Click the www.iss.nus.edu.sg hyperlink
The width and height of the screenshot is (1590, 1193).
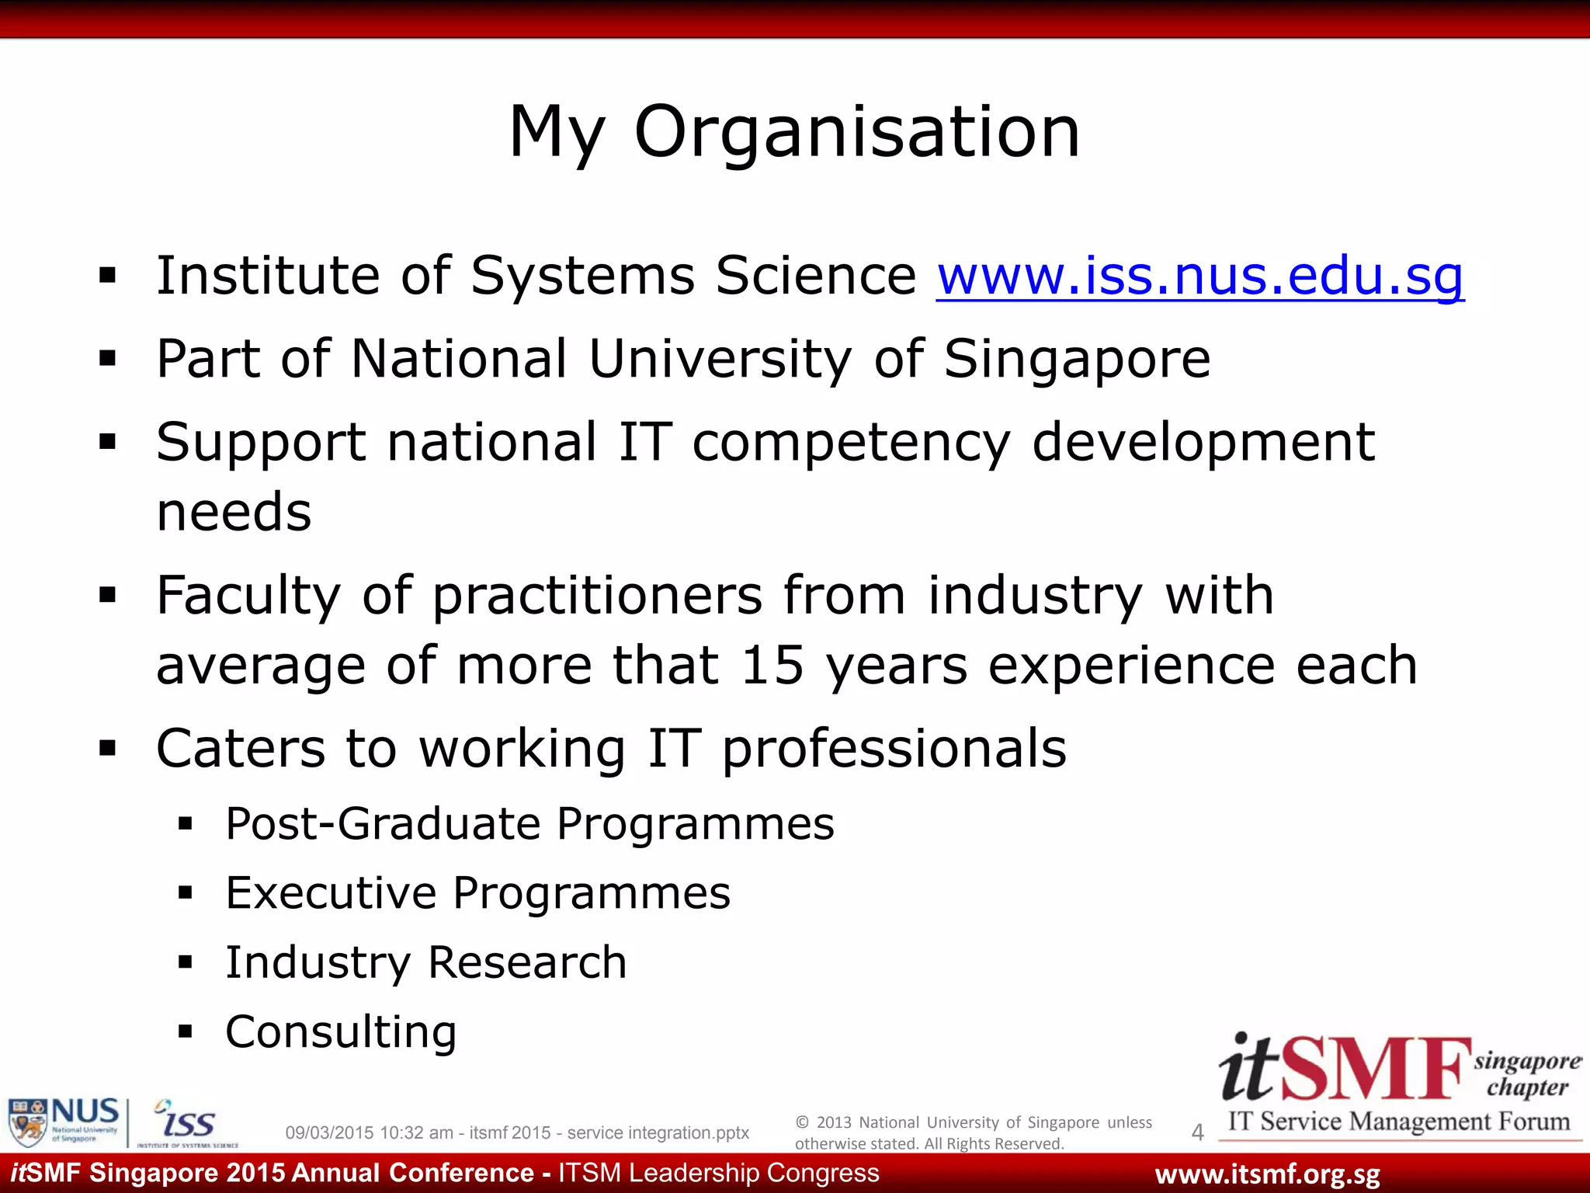1199,277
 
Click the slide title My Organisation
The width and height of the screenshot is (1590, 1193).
794,132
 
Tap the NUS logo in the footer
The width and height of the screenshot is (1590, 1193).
64,1121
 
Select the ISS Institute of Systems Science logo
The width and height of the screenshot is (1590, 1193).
187,1122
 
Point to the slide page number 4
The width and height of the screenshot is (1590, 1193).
1197,1132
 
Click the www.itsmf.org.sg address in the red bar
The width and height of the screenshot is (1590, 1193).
1267,1174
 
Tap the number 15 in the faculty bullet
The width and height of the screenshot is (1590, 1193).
772,666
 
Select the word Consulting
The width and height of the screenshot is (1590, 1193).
341,1032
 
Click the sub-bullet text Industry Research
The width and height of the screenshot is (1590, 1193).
425,963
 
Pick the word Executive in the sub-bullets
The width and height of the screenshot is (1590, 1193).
331,893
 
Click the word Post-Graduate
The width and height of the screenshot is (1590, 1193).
382,824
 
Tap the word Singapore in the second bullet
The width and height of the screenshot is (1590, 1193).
1077,360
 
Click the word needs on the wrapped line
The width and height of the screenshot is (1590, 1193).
234,513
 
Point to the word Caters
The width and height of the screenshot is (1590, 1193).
241,749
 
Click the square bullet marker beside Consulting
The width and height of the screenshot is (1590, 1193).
185,1032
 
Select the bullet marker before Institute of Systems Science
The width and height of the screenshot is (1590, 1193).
108,276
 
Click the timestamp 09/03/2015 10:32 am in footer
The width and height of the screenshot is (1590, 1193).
369,1133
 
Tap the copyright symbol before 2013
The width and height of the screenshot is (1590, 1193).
802,1122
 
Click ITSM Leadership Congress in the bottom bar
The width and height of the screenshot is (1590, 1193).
719,1173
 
